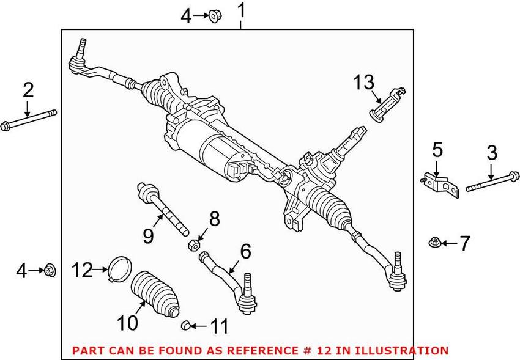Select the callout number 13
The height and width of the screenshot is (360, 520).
[x=365, y=82]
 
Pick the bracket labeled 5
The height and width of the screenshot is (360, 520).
[x=441, y=183]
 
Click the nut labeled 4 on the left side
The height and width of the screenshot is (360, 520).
[x=49, y=269]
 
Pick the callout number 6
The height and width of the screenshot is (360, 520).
[x=245, y=251]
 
